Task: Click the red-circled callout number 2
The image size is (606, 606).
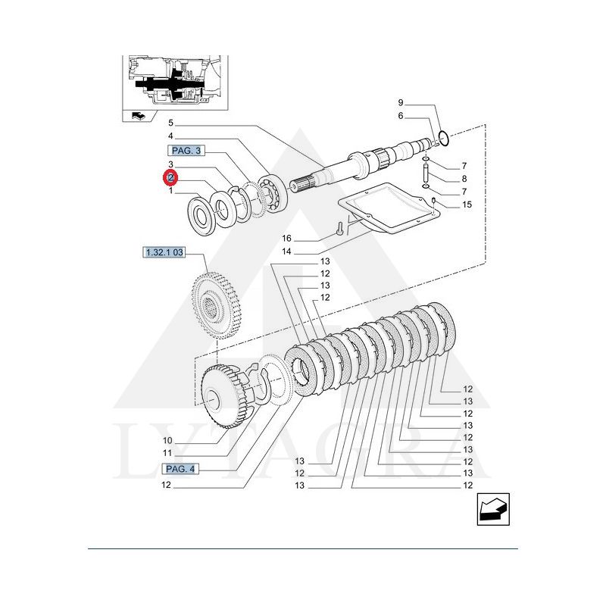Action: [x=171, y=178]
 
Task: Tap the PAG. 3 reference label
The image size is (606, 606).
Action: [x=186, y=151]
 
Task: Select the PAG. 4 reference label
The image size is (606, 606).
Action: [x=180, y=470]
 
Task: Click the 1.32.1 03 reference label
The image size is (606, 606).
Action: [x=163, y=252]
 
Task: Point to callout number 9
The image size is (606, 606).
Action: [x=401, y=102]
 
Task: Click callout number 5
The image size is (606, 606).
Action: [x=171, y=123]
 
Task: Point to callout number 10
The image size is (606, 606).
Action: [x=167, y=441]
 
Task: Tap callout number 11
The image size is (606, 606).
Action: [x=167, y=452]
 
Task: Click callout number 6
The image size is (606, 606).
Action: [x=401, y=116]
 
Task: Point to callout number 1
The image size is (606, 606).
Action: [x=171, y=192]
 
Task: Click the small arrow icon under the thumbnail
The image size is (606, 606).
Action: [x=138, y=115]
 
